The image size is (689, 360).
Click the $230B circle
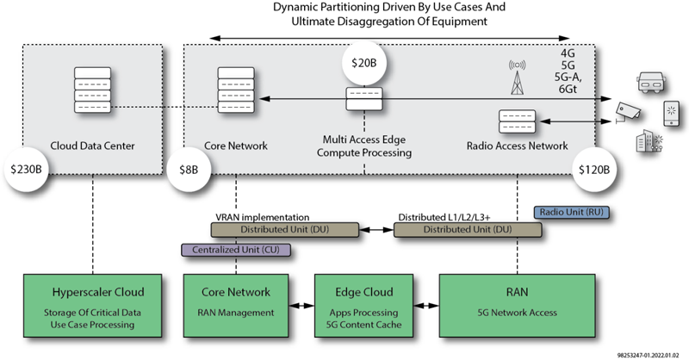(x=27, y=169)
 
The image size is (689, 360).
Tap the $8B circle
(x=189, y=169)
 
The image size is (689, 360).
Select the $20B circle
(x=363, y=63)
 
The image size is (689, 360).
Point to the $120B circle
(x=594, y=169)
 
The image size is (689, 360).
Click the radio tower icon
(x=518, y=78)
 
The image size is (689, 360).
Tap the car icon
(x=651, y=83)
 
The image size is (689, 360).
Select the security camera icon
(x=628, y=112)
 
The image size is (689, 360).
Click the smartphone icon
(x=672, y=114)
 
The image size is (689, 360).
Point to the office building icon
(x=649, y=141)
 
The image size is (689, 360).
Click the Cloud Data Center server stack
(x=92, y=90)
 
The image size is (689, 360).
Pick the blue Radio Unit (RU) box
(x=571, y=213)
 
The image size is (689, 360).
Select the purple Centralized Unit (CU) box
(x=236, y=250)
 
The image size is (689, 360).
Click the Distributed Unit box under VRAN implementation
(x=285, y=230)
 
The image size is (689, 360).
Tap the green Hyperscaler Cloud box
(x=93, y=306)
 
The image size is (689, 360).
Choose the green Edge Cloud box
(x=363, y=306)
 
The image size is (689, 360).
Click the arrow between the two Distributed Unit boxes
(x=376, y=229)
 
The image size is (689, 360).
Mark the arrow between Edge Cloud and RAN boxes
(x=426, y=306)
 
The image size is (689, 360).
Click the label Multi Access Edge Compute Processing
(x=363, y=146)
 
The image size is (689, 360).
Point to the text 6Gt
(x=568, y=90)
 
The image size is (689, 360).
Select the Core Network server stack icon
(x=236, y=90)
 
